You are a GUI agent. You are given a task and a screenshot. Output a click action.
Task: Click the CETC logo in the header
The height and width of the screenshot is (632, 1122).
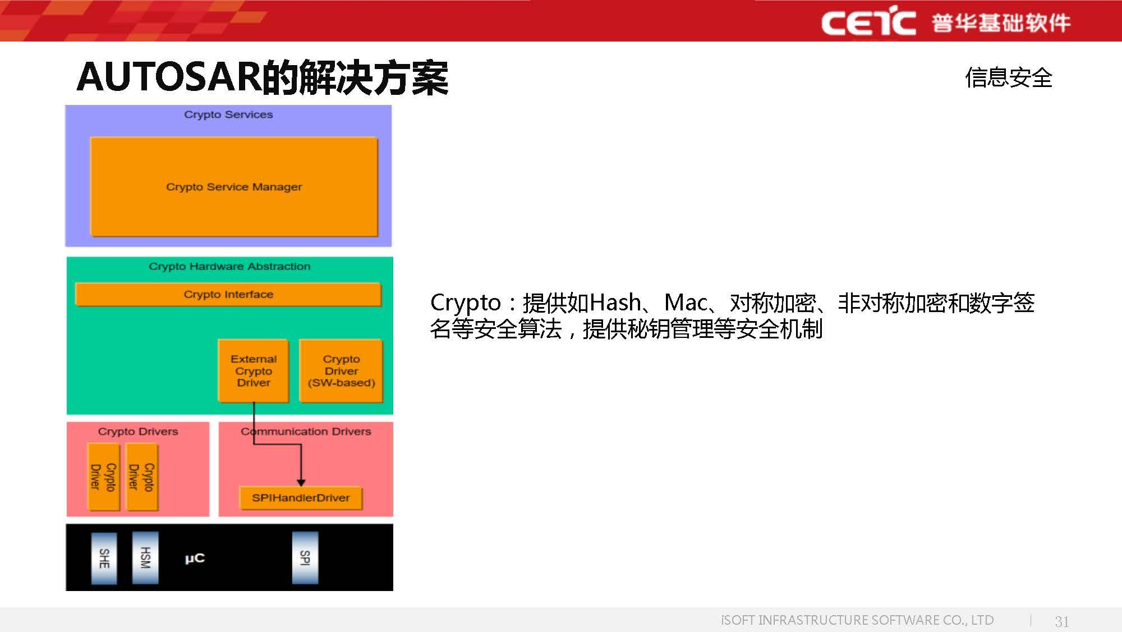(x=868, y=22)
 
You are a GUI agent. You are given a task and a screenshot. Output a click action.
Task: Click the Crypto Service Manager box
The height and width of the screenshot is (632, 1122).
(x=234, y=186)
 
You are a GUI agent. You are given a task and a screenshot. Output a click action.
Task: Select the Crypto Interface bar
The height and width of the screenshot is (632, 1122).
(x=228, y=294)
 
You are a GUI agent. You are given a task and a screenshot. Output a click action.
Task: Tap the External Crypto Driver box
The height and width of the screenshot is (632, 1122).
(x=254, y=370)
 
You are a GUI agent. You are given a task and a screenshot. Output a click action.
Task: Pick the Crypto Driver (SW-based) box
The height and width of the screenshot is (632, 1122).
(x=341, y=370)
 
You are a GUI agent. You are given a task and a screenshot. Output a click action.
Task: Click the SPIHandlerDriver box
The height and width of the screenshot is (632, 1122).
(x=301, y=498)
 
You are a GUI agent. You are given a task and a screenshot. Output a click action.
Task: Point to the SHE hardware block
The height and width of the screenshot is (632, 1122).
(x=104, y=558)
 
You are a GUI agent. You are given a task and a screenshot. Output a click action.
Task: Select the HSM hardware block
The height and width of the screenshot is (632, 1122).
(x=145, y=558)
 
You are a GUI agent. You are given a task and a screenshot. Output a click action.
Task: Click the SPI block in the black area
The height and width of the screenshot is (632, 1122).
(x=305, y=558)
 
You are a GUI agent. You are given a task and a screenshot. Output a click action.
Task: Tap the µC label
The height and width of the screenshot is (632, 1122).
(x=195, y=558)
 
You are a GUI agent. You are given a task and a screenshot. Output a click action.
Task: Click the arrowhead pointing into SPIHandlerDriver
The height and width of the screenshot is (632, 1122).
(x=301, y=482)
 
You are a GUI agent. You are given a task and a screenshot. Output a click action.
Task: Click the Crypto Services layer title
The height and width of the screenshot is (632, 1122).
(x=228, y=115)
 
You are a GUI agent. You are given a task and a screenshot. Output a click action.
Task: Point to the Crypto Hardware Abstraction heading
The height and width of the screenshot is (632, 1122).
(x=229, y=266)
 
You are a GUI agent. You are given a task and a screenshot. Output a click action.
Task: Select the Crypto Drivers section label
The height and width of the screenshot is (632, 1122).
(x=138, y=431)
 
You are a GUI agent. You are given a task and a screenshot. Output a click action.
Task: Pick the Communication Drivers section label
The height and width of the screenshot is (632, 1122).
(x=306, y=431)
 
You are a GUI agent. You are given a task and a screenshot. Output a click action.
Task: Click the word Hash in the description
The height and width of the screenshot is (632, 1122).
(x=615, y=303)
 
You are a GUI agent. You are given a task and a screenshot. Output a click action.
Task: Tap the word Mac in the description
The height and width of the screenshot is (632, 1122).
(x=685, y=303)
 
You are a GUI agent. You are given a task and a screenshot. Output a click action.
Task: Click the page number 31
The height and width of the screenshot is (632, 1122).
(x=1061, y=621)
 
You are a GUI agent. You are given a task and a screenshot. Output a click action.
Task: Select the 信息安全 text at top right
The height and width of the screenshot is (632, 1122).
(x=1008, y=77)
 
